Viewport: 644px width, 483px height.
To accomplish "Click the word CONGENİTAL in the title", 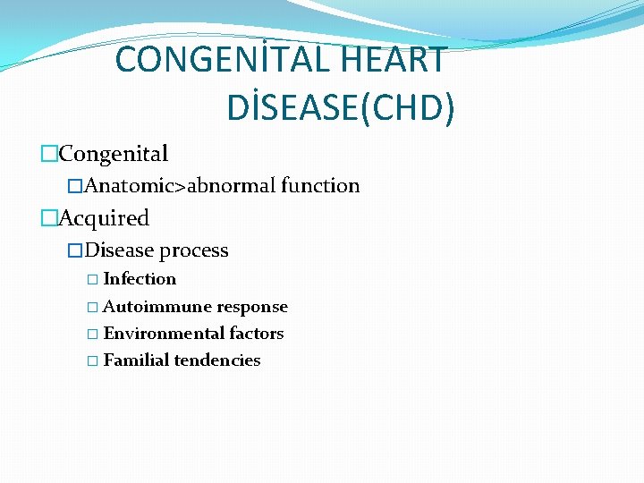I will [x=225, y=60].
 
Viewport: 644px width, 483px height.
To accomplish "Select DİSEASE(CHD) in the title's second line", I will [x=341, y=107].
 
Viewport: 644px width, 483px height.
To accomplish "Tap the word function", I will [x=320, y=186].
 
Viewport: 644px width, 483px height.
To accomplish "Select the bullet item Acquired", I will [x=104, y=218].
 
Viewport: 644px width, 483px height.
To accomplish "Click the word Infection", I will [x=140, y=279].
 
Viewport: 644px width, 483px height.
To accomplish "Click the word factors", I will [x=256, y=334].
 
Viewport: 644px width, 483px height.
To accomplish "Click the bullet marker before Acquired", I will [x=48, y=218].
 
